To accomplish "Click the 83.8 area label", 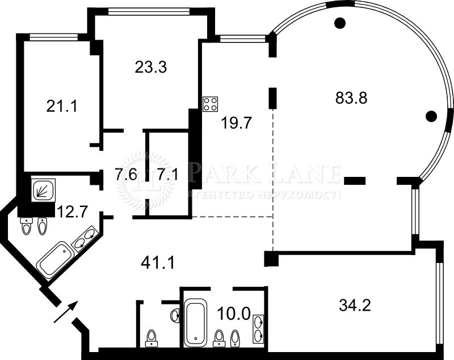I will tap(351, 98).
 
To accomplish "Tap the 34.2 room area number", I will tap(355, 306).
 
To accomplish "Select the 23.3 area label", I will tap(150, 67).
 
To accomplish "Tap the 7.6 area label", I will tap(125, 174).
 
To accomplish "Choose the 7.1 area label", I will tap(167, 174).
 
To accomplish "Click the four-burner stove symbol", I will tap(211, 104).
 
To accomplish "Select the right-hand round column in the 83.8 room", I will tap(431, 117).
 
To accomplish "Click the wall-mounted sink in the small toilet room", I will tap(175, 315).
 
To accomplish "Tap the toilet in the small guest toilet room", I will tap(152, 338).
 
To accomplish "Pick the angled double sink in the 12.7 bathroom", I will tap(86, 239).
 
